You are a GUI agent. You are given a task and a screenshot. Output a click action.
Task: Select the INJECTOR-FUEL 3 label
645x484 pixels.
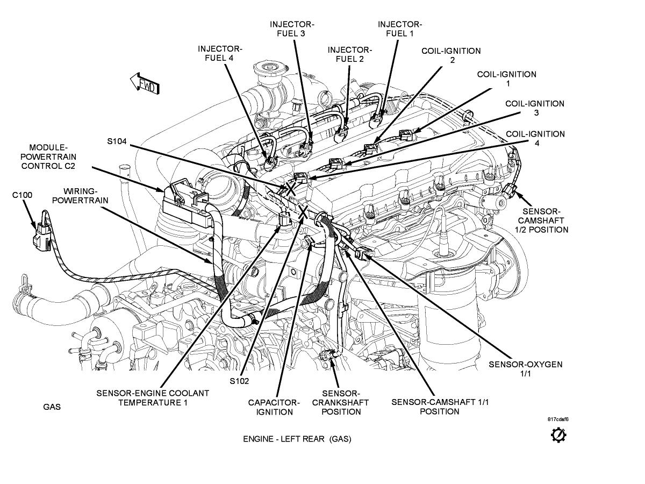click(x=292, y=29)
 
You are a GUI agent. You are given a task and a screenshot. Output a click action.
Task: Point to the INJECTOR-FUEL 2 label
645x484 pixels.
click(x=349, y=54)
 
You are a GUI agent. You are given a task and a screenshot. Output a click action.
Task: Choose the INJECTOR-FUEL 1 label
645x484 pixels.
click(x=399, y=29)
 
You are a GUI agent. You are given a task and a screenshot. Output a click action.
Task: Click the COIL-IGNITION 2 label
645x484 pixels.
click(x=451, y=55)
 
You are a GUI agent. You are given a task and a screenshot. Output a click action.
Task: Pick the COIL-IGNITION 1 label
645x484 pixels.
click(x=506, y=79)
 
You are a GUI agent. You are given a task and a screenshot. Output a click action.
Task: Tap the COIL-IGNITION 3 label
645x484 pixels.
click(x=534, y=108)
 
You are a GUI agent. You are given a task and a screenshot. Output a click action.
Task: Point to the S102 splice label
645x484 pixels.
click(x=239, y=381)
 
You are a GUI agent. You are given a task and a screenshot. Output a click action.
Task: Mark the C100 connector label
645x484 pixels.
click(x=22, y=195)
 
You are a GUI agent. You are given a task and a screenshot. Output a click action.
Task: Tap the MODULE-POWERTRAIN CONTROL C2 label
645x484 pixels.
click(x=48, y=156)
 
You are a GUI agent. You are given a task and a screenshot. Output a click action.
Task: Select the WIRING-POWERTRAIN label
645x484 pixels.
click(x=86, y=196)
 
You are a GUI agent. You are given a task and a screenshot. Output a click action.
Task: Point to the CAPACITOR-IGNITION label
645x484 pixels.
click(x=274, y=407)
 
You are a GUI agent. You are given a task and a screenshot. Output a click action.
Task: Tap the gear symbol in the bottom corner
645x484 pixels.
click(x=558, y=435)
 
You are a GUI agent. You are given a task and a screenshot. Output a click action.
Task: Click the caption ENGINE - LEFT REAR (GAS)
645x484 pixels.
click(x=297, y=439)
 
